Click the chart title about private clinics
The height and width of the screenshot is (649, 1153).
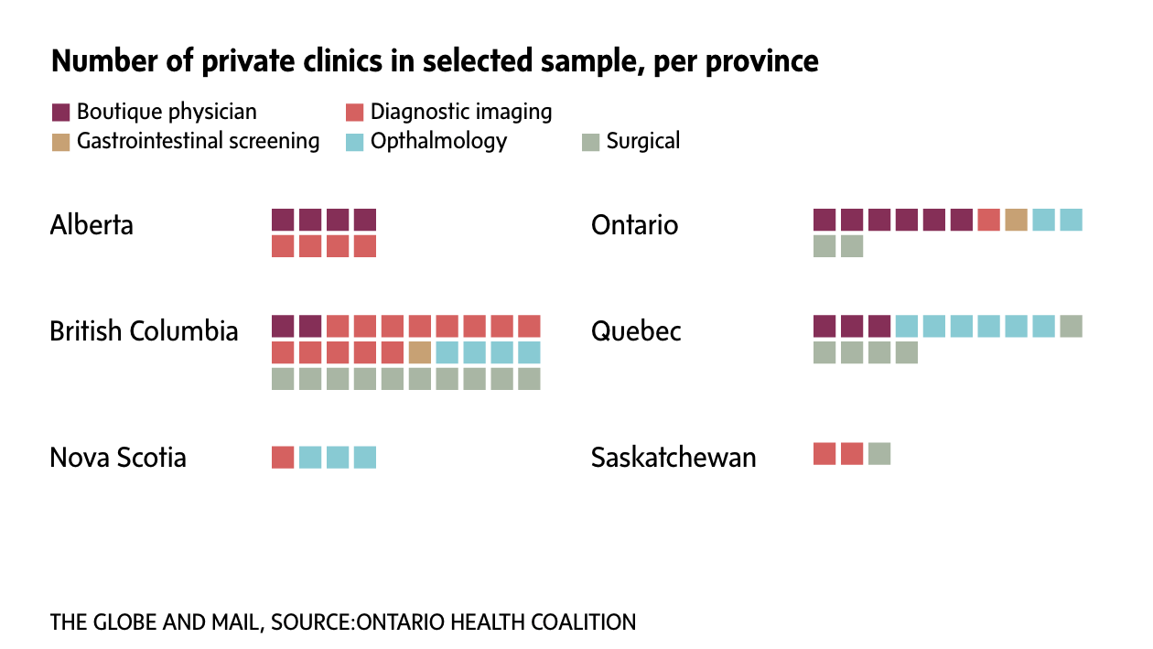[x=435, y=61]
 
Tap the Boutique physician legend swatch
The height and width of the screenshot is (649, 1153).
[x=61, y=113]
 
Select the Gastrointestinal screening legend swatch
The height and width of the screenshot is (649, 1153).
[x=61, y=142]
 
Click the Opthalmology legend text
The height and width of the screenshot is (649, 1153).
[x=438, y=141]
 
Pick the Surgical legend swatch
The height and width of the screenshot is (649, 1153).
[x=591, y=142]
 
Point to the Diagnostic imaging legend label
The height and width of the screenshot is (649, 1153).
[x=461, y=112]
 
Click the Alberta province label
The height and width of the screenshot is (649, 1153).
[x=92, y=225]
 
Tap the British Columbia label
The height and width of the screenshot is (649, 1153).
[x=144, y=331]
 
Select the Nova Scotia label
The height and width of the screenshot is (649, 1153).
[x=118, y=458]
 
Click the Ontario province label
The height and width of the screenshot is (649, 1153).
[x=635, y=225]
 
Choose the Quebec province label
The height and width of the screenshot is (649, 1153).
[x=636, y=331]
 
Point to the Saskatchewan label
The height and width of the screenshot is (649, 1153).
[x=673, y=458]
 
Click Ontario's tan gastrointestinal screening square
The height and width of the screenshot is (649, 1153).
[x=1016, y=220]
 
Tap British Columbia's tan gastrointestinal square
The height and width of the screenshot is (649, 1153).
[x=420, y=352]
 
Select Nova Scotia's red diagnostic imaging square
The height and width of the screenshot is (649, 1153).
[x=283, y=457]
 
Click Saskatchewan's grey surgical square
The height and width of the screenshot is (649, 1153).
[x=879, y=453]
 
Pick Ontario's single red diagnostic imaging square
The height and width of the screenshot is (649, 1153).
[x=988, y=220]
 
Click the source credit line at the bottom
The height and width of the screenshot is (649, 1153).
[x=342, y=622]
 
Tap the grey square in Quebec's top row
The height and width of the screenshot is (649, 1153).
[x=1071, y=326]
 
